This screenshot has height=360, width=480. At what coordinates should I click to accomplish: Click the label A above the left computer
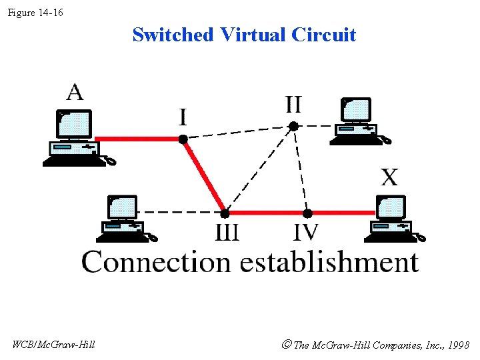75,92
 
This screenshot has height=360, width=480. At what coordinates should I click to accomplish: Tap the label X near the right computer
389,177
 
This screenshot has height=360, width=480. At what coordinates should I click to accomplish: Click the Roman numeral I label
182,118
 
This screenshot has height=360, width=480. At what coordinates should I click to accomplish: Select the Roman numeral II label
293,105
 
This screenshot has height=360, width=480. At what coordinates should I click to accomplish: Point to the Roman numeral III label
227,233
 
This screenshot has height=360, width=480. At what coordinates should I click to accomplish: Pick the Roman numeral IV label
306,233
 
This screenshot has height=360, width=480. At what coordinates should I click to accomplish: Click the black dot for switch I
182,139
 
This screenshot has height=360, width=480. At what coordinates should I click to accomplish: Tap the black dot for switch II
293,125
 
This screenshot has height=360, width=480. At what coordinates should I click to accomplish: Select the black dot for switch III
225,213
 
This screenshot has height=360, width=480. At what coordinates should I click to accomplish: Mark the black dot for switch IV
307,213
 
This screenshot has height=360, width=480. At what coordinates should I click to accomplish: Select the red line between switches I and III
203,176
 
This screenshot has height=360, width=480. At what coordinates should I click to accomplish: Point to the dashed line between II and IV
301,170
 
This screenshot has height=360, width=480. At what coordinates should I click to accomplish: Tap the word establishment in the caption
329,261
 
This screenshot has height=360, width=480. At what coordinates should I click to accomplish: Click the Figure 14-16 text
35,12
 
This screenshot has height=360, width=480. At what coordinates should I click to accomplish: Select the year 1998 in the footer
459,345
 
